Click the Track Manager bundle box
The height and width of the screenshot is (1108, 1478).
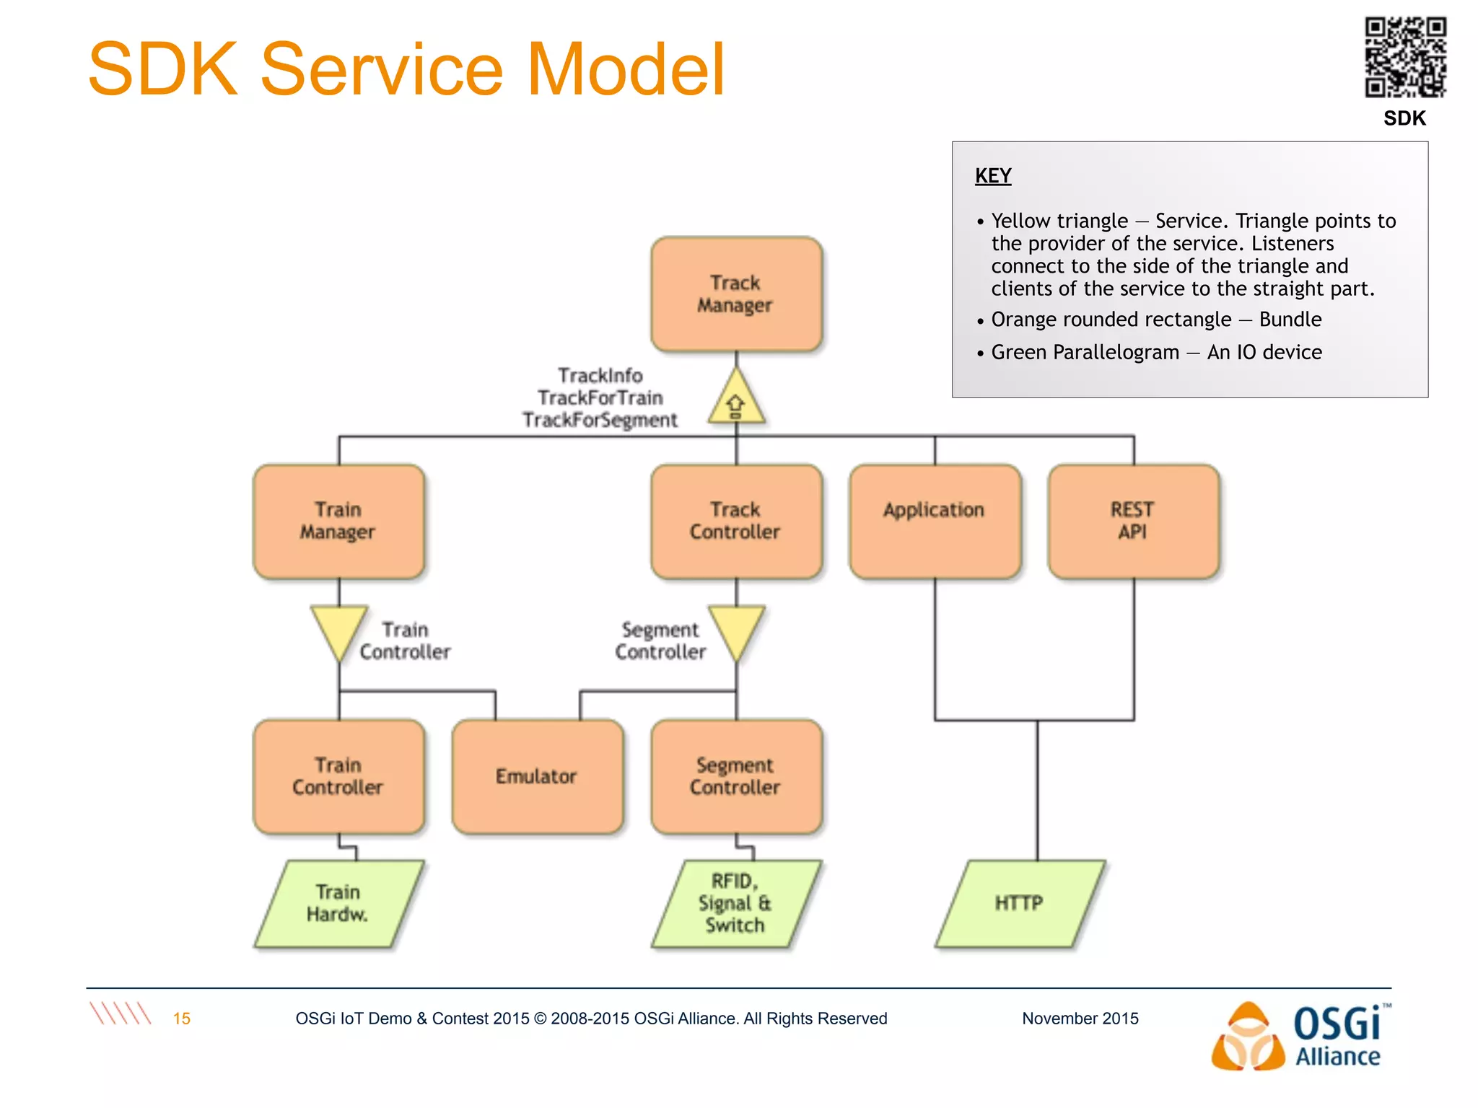[735, 294]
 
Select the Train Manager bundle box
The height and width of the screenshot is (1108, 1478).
[338, 522]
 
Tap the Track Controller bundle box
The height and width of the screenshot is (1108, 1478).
[735, 522]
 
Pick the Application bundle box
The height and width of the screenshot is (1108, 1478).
[935, 522]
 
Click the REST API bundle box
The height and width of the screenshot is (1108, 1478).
[1133, 522]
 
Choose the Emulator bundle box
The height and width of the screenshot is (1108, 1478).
[537, 777]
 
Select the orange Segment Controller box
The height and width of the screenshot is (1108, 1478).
[735, 777]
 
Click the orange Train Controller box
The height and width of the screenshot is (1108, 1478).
[338, 777]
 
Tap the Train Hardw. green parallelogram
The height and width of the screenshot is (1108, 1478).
[338, 903]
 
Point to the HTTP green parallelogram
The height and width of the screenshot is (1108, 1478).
[1020, 903]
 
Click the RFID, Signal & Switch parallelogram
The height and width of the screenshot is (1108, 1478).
[735, 903]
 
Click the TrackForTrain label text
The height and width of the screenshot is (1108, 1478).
[600, 398]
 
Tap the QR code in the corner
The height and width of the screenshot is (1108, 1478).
[1404, 57]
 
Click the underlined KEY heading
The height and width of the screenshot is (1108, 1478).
[993, 176]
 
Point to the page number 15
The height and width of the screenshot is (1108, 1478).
[182, 1019]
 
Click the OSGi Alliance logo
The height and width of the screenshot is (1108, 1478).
[1299, 1037]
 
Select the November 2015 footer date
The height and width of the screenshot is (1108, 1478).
[1080, 1019]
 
